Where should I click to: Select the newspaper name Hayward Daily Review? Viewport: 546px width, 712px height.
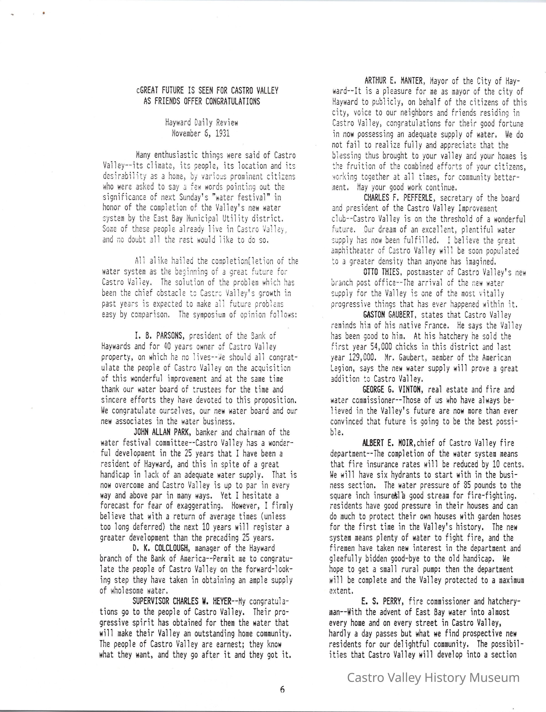tap(202, 123)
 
